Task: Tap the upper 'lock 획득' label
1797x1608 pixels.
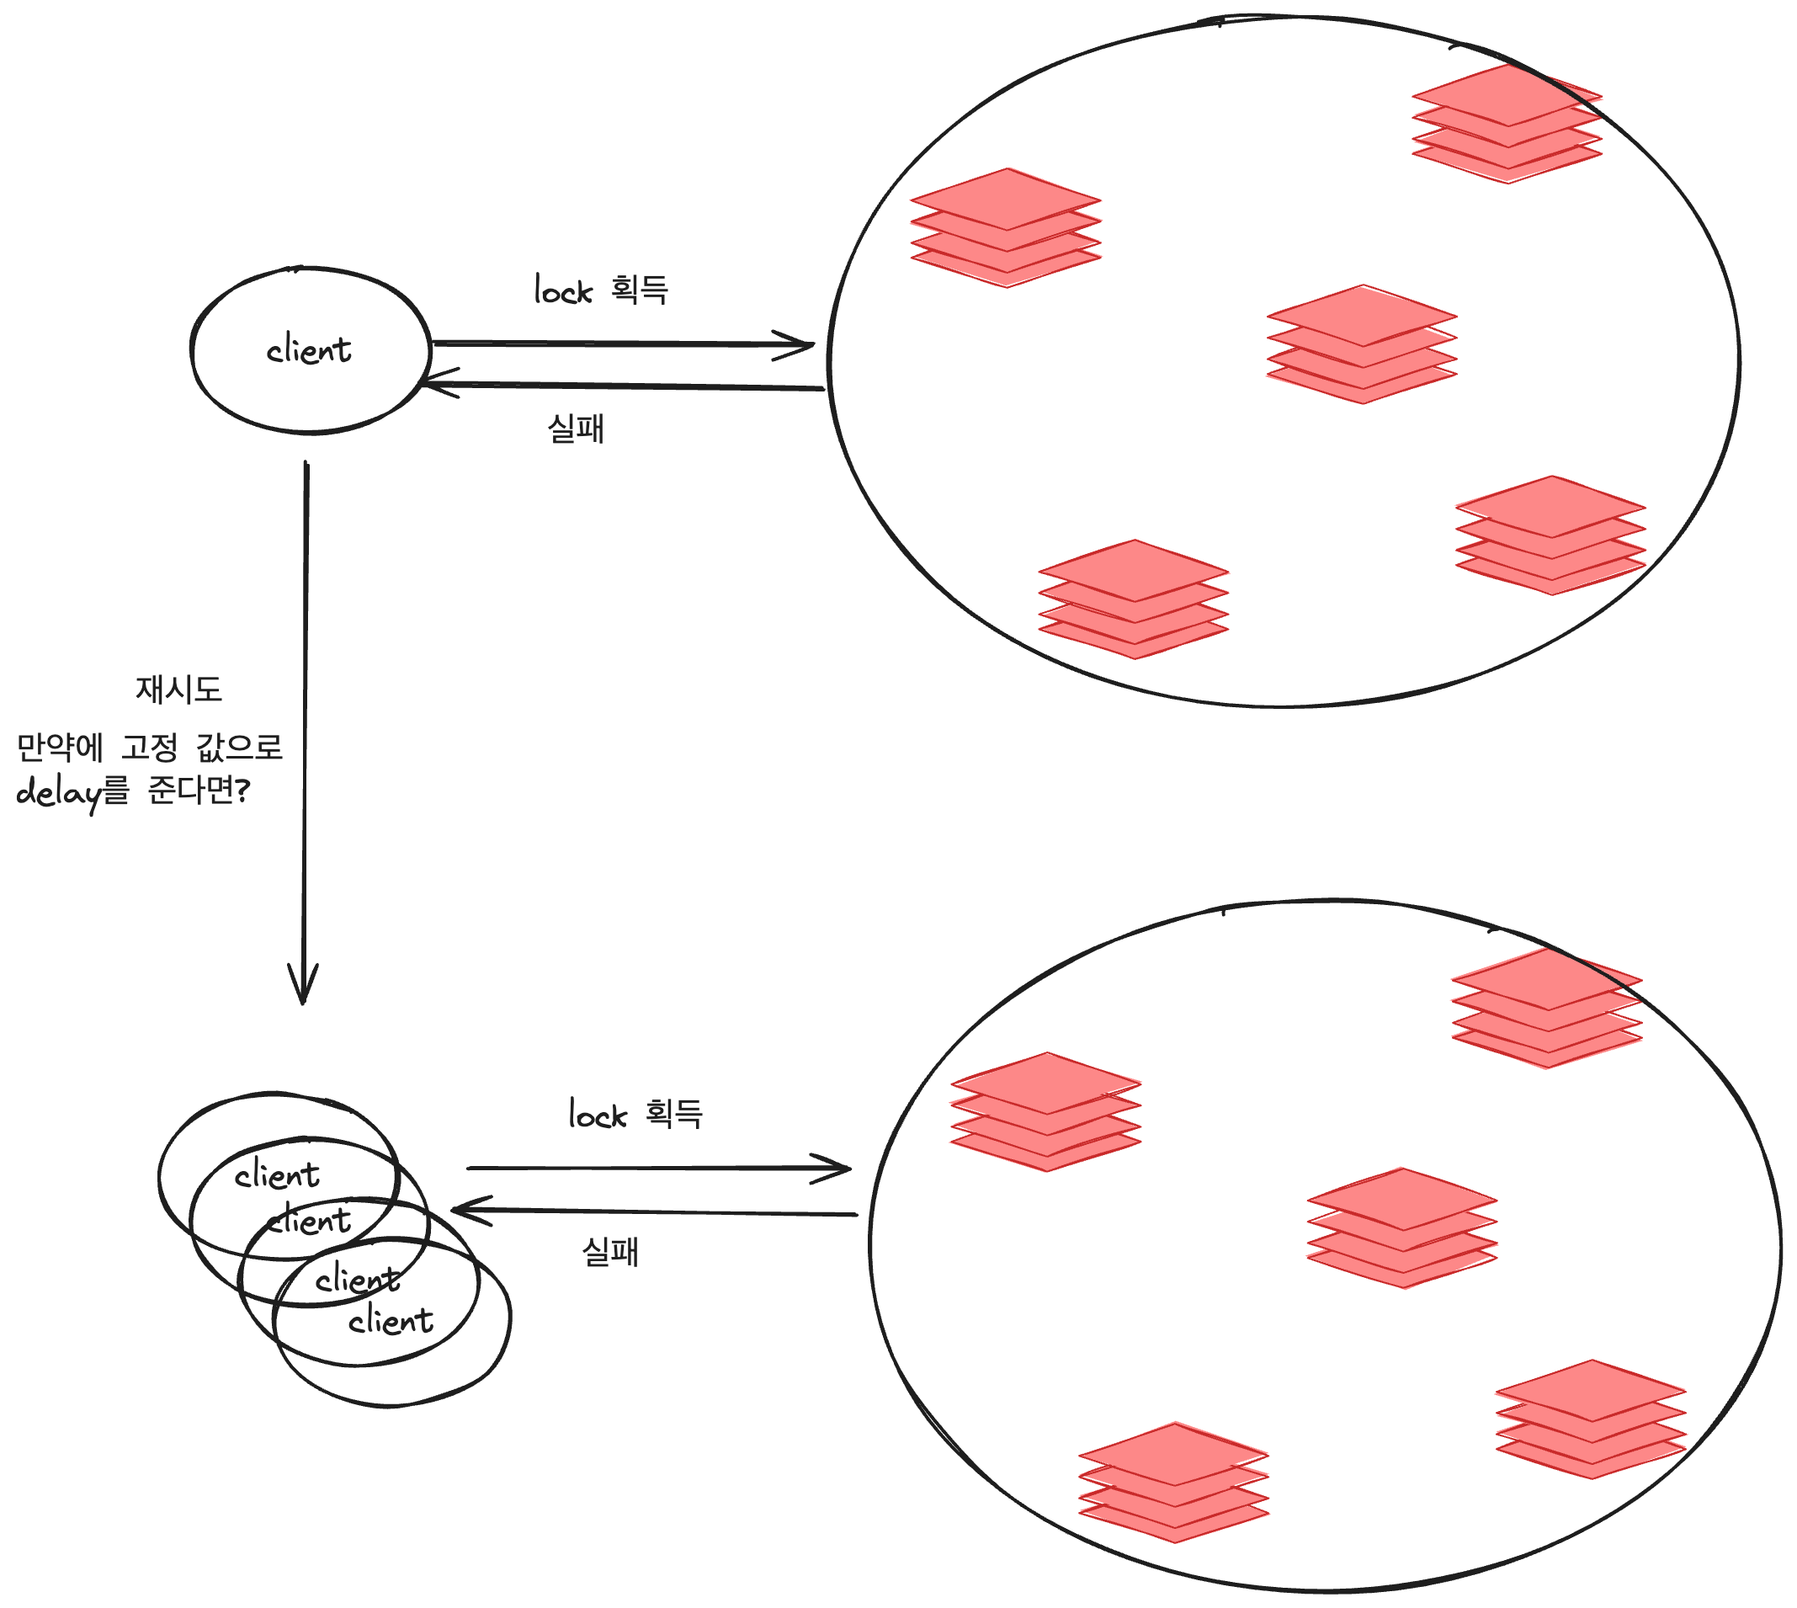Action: click(601, 290)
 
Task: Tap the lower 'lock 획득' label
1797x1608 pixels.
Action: click(635, 1114)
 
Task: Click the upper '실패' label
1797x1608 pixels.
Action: click(575, 429)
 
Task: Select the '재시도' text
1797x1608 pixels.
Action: click(178, 690)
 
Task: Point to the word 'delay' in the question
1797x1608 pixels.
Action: click(58, 792)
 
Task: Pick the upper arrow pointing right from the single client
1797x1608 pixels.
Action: click(619, 343)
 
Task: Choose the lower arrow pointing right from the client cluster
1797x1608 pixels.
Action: click(658, 1168)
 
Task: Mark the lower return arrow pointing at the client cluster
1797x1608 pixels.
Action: click(654, 1211)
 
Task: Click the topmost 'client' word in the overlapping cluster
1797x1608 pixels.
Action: click(277, 1176)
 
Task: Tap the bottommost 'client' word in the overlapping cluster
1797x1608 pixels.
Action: click(391, 1322)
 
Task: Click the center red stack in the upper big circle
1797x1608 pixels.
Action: click(1362, 344)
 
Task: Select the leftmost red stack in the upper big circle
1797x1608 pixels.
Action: click(1006, 228)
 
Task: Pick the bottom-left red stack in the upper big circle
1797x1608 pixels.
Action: click(1134, 599)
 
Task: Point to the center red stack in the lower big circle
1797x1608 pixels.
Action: click(1402, 1228)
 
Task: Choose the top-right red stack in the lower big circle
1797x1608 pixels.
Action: click(1546, 1009)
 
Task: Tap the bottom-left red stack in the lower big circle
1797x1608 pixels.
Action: click(1173, 1482)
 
